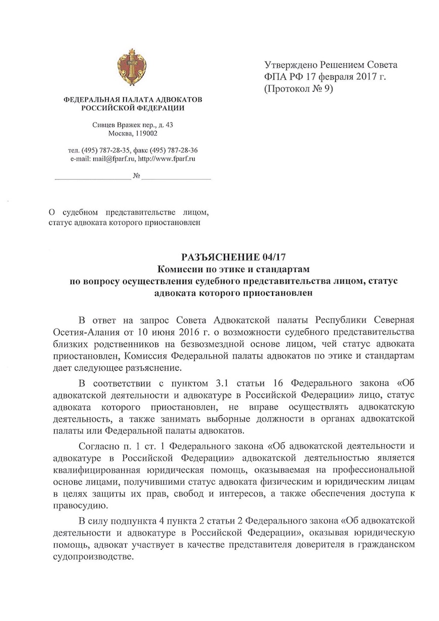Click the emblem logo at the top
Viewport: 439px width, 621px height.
132,70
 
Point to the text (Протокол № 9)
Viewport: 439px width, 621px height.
299,88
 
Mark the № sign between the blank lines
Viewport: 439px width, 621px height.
136,176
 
